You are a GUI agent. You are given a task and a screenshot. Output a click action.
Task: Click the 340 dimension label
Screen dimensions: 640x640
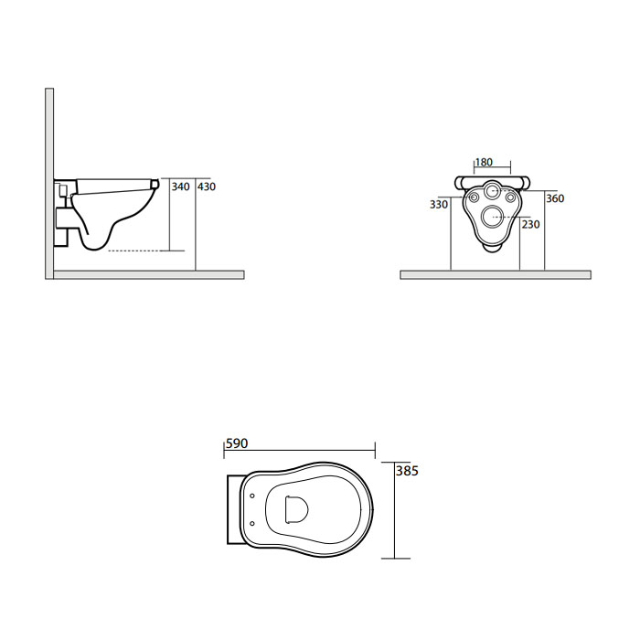point(180,187)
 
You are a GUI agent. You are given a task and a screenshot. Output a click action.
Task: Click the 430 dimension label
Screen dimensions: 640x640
point(207,187)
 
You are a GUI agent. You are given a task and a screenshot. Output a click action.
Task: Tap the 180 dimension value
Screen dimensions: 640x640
point(484,162)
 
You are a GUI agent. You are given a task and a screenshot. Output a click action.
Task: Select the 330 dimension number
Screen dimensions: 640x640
point(439,204)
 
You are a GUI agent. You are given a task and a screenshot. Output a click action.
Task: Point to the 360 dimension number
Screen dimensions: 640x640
point(555,198)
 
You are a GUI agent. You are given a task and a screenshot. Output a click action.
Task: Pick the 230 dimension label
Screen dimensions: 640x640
point(530,224)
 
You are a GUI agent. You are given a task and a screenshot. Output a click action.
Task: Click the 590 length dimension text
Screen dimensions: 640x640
point(237,443)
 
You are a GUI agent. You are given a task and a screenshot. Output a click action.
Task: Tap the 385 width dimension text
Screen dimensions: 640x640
point(407,471)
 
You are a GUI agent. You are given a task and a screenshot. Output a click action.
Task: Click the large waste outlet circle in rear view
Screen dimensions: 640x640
point(492,217)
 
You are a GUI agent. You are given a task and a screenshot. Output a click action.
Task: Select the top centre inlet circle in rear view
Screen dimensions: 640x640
point(492,190)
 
